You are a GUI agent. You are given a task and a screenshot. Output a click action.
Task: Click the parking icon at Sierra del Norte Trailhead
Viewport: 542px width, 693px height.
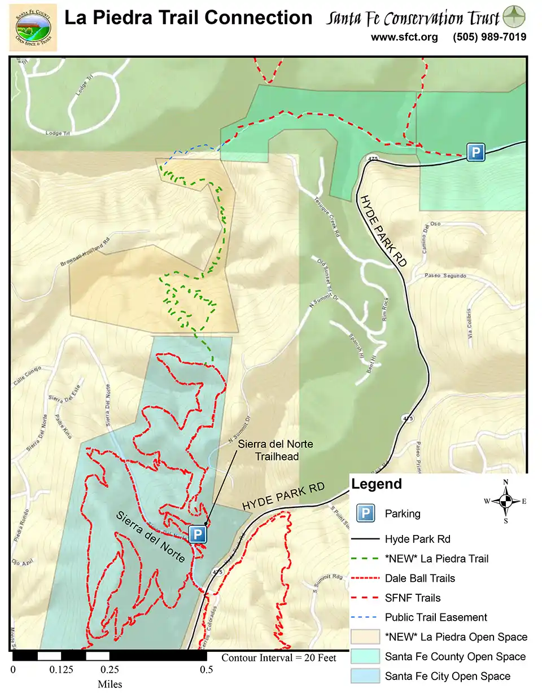point(197,534)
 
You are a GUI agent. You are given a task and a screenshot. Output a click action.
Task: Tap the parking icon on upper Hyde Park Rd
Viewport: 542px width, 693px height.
point(475,152)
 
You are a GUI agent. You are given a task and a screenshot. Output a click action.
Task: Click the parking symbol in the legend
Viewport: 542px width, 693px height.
point(366,514)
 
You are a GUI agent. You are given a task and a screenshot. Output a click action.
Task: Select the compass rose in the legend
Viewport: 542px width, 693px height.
point(506,501)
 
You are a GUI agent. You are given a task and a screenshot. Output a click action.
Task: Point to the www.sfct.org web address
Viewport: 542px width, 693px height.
point(404,37)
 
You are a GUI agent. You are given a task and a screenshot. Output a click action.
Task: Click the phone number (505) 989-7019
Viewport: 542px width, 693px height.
point(489,37)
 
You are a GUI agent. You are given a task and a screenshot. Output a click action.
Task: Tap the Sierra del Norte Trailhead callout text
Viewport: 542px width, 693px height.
point(275,450)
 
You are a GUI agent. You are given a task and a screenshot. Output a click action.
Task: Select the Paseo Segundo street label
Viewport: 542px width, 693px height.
point(446,276)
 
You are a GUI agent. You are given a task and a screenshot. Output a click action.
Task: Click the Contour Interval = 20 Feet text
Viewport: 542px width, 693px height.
point(279,657)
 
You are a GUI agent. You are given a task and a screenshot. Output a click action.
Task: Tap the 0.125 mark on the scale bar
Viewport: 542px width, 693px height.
point(62,670)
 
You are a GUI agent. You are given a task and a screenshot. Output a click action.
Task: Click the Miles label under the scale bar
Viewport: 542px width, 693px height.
point(110,685)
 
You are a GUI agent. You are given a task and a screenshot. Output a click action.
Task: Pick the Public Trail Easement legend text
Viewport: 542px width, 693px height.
point(436,617)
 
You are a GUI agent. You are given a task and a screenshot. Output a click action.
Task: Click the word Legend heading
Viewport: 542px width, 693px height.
point(377,484)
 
